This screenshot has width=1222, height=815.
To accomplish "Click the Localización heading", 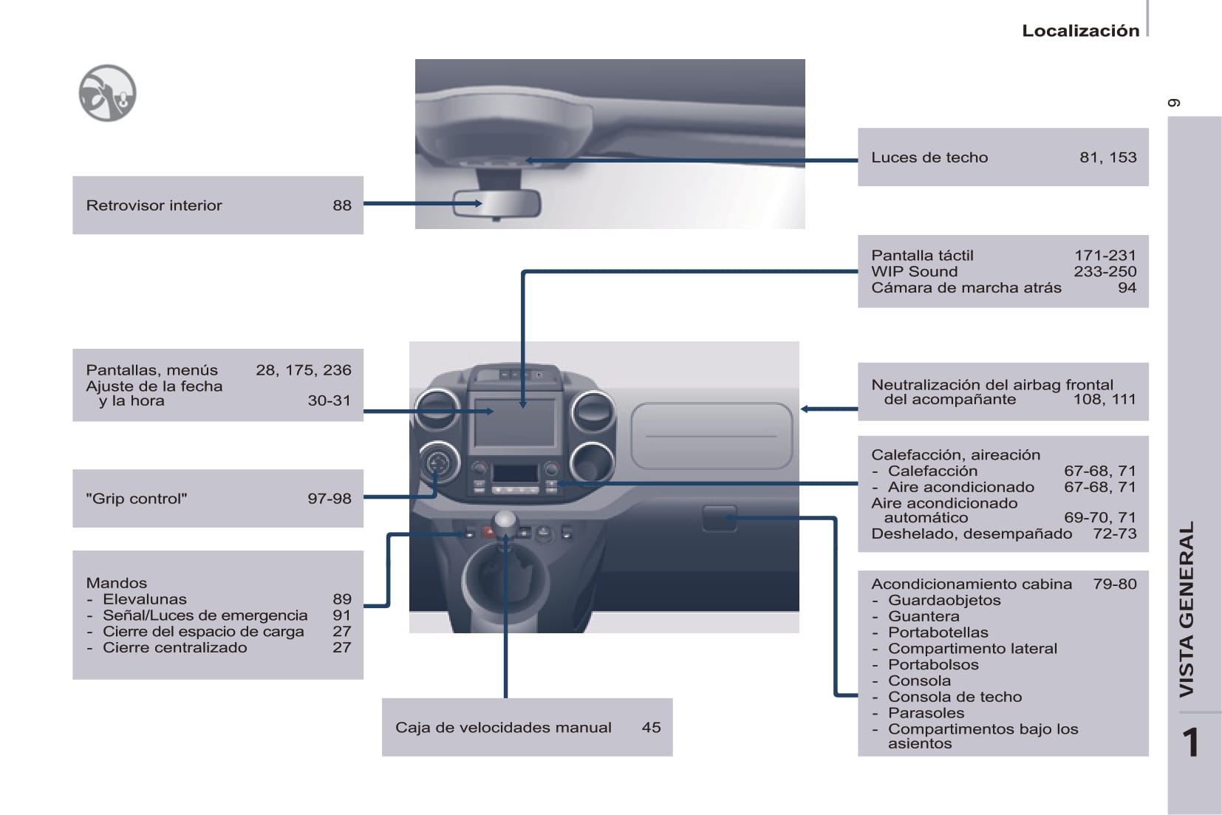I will pyautogui.click(x=1080, y=31).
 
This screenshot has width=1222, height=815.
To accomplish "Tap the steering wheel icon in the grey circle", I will pyautogui.click(x=107, y=93).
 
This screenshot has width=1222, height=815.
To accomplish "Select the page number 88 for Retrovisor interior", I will pyautogui.click(x=342, y=205).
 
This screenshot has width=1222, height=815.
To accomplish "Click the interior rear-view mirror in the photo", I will pyautogui.click(x=496, y=204).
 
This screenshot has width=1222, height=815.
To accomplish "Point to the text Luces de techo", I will pyautogui.click(x=929, y=157).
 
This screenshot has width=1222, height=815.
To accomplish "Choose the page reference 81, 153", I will pyautogui.click(x=1107, y=157).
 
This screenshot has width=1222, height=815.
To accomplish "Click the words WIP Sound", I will pyautogui.click(x=914, y=272).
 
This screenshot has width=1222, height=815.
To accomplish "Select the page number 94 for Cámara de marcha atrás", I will pyautogui.click(x=1127, y=288).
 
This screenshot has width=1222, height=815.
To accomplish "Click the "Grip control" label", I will pyautogui.click(x=137, y=499).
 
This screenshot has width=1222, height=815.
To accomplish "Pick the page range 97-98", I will pyautogui.click(x=330, y=499).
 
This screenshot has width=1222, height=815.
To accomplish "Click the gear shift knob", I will pyautogui.click(x=505, y=521).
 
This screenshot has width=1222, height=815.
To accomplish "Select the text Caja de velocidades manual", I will pyautogui.click(x=503, y=728).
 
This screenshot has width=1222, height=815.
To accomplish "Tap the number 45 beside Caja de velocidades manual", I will pyautogui.click(x=651, y=728).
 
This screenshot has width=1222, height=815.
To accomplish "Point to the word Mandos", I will pyautogui.click(x=117, y=583).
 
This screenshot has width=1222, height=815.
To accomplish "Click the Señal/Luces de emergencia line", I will pyautogui.click(x=205, y=615).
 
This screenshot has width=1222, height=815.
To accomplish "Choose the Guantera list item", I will pyautogui.click(x=924, y=616).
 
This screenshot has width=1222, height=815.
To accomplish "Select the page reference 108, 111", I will pyautogui.click(x=1104, y=400).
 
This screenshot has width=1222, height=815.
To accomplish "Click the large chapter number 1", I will pyautogui.click(x=1190, y=743).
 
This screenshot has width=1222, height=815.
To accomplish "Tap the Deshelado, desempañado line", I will pyautogui.click(x=972, y=533).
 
